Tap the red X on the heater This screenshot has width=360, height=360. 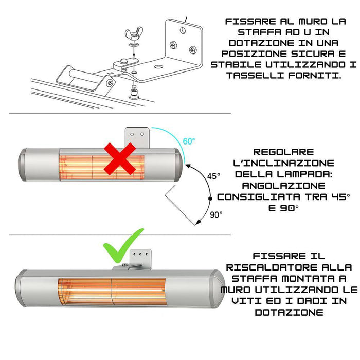point(120,158)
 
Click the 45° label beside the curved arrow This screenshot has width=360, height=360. point(213,176)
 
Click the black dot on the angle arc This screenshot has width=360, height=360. point(209,198)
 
